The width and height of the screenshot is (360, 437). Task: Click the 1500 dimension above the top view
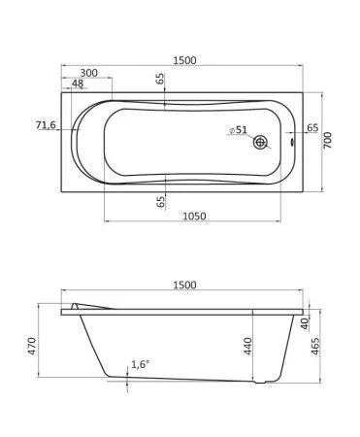click(x=184, y=60)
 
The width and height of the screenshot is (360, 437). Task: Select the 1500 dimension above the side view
click(x=184, y=285)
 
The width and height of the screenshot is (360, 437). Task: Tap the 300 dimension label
click(x=88, y=73)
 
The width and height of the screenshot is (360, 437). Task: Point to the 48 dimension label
click(x=78, y=84)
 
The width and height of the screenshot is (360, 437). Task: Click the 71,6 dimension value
click(x=46, y=124)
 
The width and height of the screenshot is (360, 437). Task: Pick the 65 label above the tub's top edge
click(x=160, y=79)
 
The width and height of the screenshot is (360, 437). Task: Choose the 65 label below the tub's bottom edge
click(x=160, y=202)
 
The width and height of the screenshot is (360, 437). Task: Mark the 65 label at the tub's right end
click(x=312, y=127)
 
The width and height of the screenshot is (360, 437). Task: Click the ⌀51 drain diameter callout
click(x=238, y=130)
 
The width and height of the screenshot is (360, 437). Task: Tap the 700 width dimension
click(x=328, y=140)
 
